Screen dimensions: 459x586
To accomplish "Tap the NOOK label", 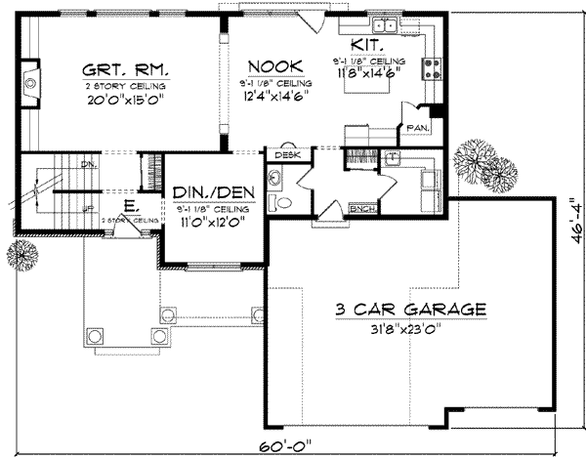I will [267, 66].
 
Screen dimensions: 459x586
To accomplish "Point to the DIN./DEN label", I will [208, 193].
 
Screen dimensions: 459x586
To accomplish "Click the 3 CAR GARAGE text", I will [410, 310].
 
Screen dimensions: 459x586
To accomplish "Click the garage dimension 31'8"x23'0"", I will [410, 329].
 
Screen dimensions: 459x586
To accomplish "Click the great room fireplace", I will [30, 84].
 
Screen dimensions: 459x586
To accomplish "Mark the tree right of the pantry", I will [481, 160].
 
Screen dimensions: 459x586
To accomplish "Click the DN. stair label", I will [87, 165].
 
